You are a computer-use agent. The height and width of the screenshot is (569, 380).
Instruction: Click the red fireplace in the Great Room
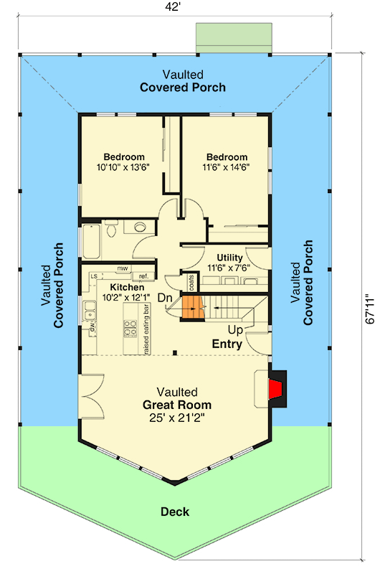(275, 389)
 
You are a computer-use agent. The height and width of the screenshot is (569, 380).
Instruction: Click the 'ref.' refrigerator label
(143, 276)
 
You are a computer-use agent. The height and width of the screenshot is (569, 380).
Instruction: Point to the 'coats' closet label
(191, 283)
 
